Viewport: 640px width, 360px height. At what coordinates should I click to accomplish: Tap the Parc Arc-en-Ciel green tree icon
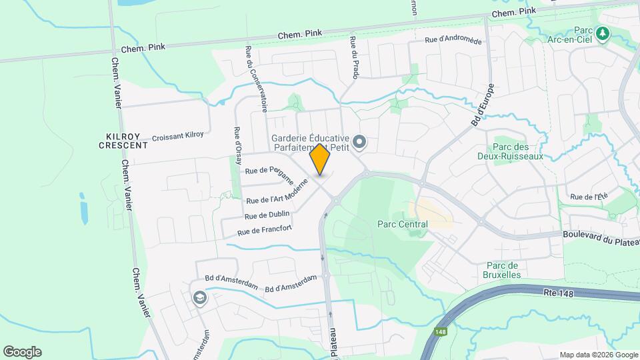click(603, 33)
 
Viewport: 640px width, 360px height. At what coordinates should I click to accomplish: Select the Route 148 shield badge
click(441, 331)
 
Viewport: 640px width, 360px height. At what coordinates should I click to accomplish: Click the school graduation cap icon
click(198, 299)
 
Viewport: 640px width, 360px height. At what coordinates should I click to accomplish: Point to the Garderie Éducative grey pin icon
click(359, 141)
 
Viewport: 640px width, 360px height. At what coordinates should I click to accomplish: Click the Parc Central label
click(402, 225)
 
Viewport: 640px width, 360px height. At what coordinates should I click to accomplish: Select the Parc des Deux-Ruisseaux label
click(518, 151)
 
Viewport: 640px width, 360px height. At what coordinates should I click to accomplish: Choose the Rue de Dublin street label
click(267, 215)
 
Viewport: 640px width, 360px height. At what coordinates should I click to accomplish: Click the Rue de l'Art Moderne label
click(277, 191)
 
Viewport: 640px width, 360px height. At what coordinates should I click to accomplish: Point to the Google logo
click(22, 351)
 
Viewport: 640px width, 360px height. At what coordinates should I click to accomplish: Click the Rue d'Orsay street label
click(238, 146)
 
